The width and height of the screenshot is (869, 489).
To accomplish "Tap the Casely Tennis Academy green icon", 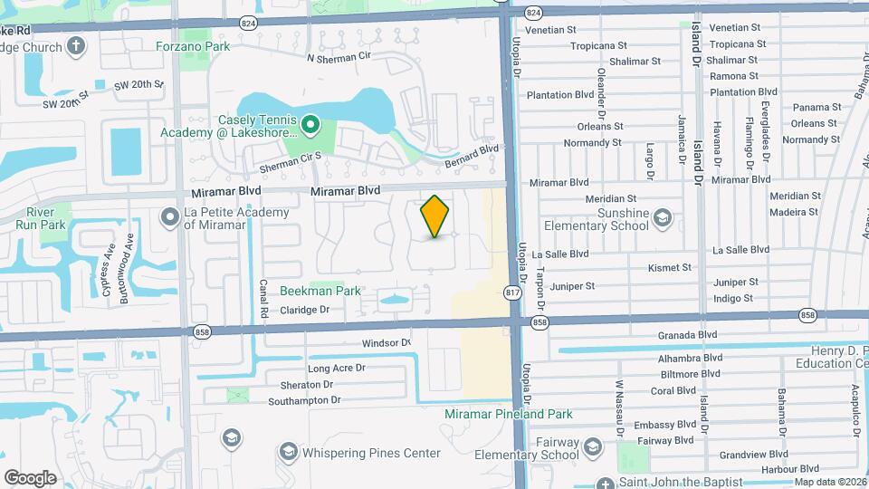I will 310,125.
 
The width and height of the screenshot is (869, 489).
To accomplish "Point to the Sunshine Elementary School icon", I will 663,217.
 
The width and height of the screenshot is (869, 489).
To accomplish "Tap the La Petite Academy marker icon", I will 169,217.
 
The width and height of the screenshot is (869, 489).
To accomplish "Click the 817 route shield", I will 511,294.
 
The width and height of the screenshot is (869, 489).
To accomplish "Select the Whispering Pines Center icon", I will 288,451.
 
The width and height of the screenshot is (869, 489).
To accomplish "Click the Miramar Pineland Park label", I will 509,414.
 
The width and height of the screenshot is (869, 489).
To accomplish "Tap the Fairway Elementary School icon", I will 592,447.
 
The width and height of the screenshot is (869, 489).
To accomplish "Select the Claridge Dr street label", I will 304,310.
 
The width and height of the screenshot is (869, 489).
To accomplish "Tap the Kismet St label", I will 670,268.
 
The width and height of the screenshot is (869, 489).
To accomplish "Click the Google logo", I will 30,477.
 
